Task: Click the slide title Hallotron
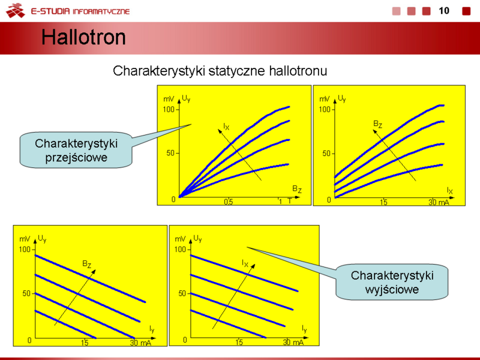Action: tap(83, 37)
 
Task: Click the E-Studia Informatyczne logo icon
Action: tap(16, 11)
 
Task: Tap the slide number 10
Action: tap(444, 11)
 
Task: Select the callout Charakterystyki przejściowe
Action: tap(76, 150)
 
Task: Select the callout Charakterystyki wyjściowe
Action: tap(392, 282)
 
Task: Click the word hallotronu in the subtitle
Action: tap(298, 71)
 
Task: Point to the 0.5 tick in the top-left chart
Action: tap(229, 202)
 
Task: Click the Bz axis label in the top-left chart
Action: tap(296, 189)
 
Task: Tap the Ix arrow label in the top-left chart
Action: tap(226, 126)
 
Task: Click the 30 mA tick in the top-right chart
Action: tap(439, 202)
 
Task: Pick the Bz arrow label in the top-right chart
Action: tap(377, 124)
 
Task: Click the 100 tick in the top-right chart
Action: tap(325, 109)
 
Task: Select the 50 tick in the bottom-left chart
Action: tap(26, 293)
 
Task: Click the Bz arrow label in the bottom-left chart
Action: tap(86, 264)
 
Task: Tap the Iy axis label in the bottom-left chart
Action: tap(152, 329)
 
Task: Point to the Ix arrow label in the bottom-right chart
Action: tap(245, 263)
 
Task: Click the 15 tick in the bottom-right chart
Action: tap(239, 342)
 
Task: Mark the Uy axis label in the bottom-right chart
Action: tap(197, 238)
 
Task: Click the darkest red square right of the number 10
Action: tap(466, 11)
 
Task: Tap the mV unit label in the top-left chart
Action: tap(169, 99)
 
